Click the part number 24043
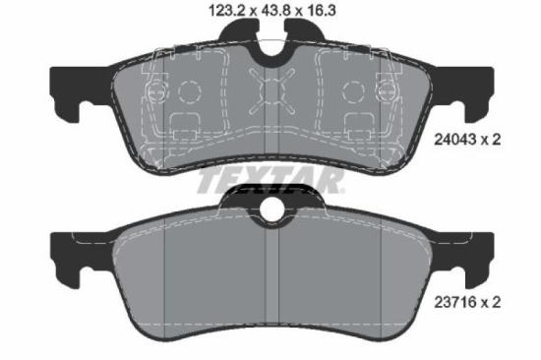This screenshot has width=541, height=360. coord(454,141)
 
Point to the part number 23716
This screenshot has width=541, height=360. coord(454,304)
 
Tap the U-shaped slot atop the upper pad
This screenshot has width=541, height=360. coord(270,44)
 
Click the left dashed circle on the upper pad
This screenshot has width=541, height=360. coord(189,91)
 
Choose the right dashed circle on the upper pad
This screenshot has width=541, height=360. coord(351,91)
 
